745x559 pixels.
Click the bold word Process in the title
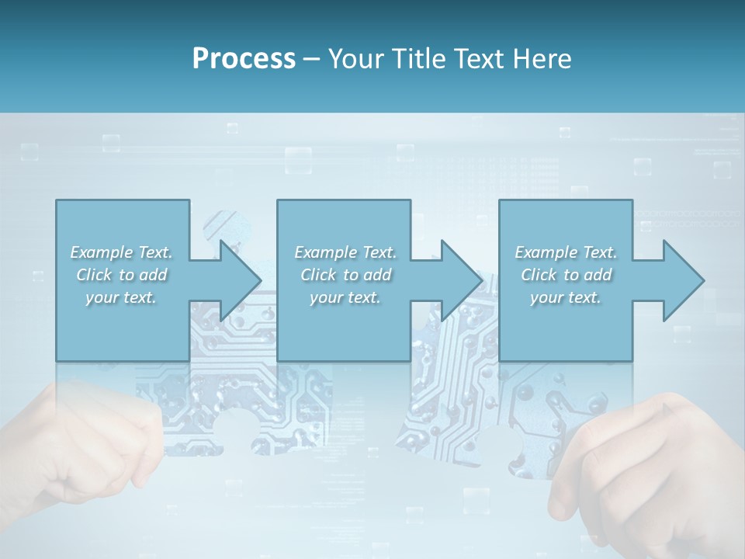pos(244,59)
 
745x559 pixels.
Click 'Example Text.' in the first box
pos(121,252)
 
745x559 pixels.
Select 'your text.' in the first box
pos(121,297)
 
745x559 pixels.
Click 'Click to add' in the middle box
pos(345,275)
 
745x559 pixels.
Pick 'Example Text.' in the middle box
pos(345,252)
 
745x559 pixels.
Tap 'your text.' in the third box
pos(566,297)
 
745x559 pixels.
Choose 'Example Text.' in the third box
pos(566,252)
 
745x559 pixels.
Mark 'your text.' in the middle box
pos(345,297)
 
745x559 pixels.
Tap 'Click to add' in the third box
pos(566,275)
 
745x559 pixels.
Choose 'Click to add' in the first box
pos(121,275)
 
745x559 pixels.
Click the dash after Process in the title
pos(312,59)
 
